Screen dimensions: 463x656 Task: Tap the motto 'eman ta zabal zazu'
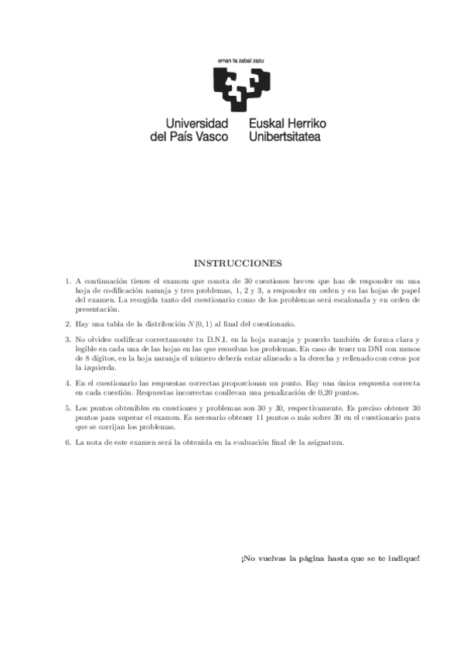pyautogui.click(x=240, y=60)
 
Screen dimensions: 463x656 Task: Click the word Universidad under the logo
pyautogui.click(x=198, y=123)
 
